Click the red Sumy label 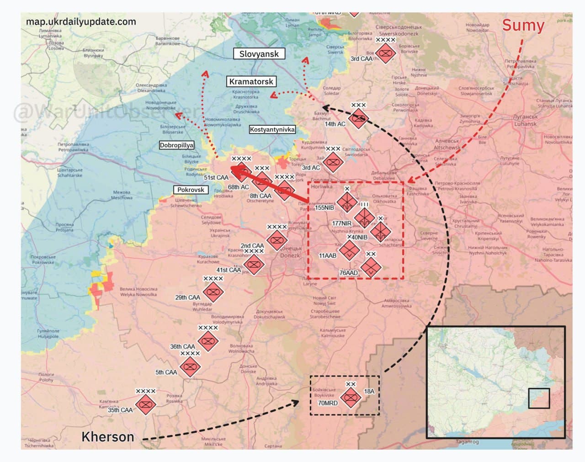click(523, 26)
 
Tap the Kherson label click(108, 437)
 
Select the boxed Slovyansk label click(259, 54)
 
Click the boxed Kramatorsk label click(251, 82)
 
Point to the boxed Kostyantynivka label click(272, 130)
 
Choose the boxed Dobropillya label click(176, 145)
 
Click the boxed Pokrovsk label click(191, 190)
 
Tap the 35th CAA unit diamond click(146, 404)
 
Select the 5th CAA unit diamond click(189, 366)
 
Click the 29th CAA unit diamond click(213, 292)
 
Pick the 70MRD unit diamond click(351, 397)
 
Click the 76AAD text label click(349, 273)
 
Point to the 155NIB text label click(324, 207)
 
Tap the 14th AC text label click(335, 124)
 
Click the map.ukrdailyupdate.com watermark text click(81, 22)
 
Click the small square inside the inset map click(539, 398)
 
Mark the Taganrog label click(467, 442)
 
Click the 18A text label click(369, 391)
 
